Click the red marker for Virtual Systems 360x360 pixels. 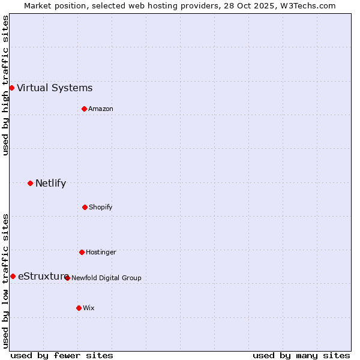[11, 88]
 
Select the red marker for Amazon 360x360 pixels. [84, 109]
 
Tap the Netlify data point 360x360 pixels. [30, 183]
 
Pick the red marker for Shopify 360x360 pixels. [85, 207]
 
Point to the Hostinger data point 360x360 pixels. [82, 252]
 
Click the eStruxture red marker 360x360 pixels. [13, 276]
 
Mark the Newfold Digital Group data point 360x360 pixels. [67, 278]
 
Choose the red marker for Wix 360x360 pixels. [79, 308]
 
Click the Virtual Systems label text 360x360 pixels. [55, 88]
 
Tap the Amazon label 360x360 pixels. [101, 109]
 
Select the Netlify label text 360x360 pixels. [50, 184]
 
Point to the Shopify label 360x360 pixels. [101, 208]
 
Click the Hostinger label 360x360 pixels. [101, 253]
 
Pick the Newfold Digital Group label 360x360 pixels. [106, 278]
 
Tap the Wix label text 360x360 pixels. [89, 308]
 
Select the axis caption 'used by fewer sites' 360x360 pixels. [62, 356]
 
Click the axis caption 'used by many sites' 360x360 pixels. [301, 356]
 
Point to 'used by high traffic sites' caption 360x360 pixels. [5, 85]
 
